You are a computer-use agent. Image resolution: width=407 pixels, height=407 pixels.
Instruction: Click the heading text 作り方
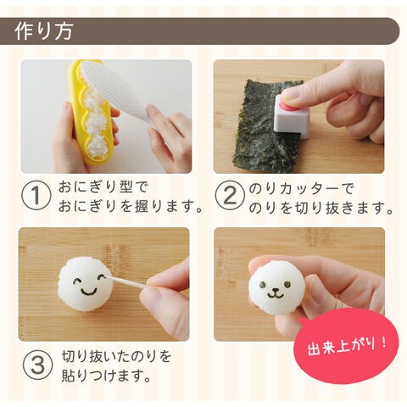click(x=44, y=31)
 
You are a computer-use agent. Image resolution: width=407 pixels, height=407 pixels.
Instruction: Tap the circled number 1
click(x=36, y=195)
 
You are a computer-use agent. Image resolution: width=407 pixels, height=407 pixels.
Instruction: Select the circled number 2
click(x=230, y=195)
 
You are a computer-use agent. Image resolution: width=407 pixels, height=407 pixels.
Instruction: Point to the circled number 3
click(x=37, y=365)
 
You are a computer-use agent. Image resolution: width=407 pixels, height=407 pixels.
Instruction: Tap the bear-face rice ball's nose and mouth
click(x=274, y=293)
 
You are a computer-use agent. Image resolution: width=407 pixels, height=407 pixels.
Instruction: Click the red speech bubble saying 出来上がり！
click(x=347, y=345)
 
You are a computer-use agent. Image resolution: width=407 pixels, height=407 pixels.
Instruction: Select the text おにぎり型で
click(x=103, y=187)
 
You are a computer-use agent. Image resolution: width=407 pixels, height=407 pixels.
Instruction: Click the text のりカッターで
click(x=301, y=188)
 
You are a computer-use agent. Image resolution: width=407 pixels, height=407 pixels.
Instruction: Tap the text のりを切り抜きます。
click(x=321, y=209)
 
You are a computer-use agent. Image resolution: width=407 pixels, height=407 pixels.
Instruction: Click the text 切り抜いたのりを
click(x=117, y=357)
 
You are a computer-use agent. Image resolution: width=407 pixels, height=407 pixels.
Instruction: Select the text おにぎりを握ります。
click(x=131, y=206)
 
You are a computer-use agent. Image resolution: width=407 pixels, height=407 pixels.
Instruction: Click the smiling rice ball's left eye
click(x=77, y=281)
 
